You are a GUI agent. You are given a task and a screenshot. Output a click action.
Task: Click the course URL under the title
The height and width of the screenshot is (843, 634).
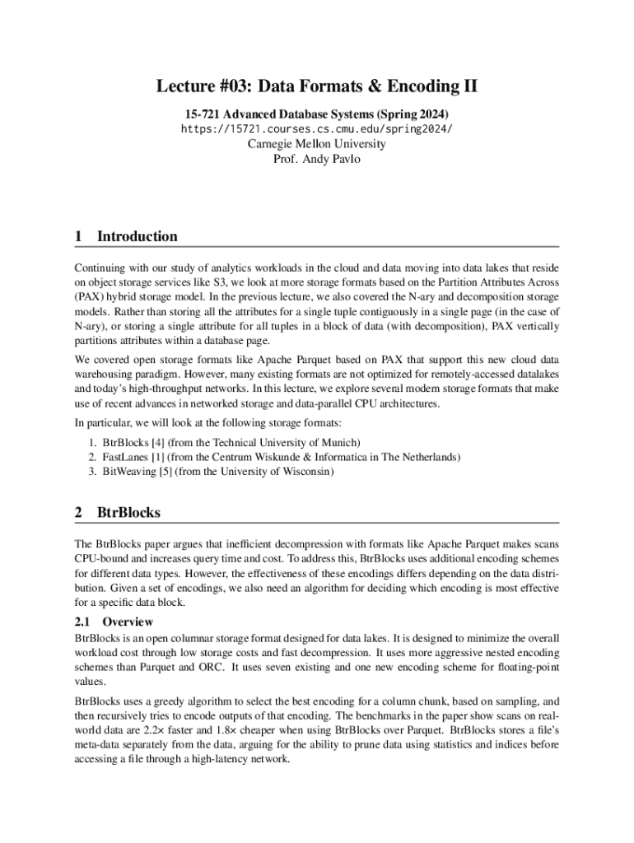point(317,129)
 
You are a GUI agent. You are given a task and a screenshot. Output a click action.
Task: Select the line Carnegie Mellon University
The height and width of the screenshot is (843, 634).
point(317,144)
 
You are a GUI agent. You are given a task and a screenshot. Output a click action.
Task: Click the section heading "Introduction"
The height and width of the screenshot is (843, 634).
point(137,236)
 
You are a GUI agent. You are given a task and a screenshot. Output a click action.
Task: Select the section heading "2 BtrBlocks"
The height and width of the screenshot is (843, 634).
point(118,512)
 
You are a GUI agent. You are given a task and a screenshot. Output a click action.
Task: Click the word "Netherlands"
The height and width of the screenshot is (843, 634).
point(429,457)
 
